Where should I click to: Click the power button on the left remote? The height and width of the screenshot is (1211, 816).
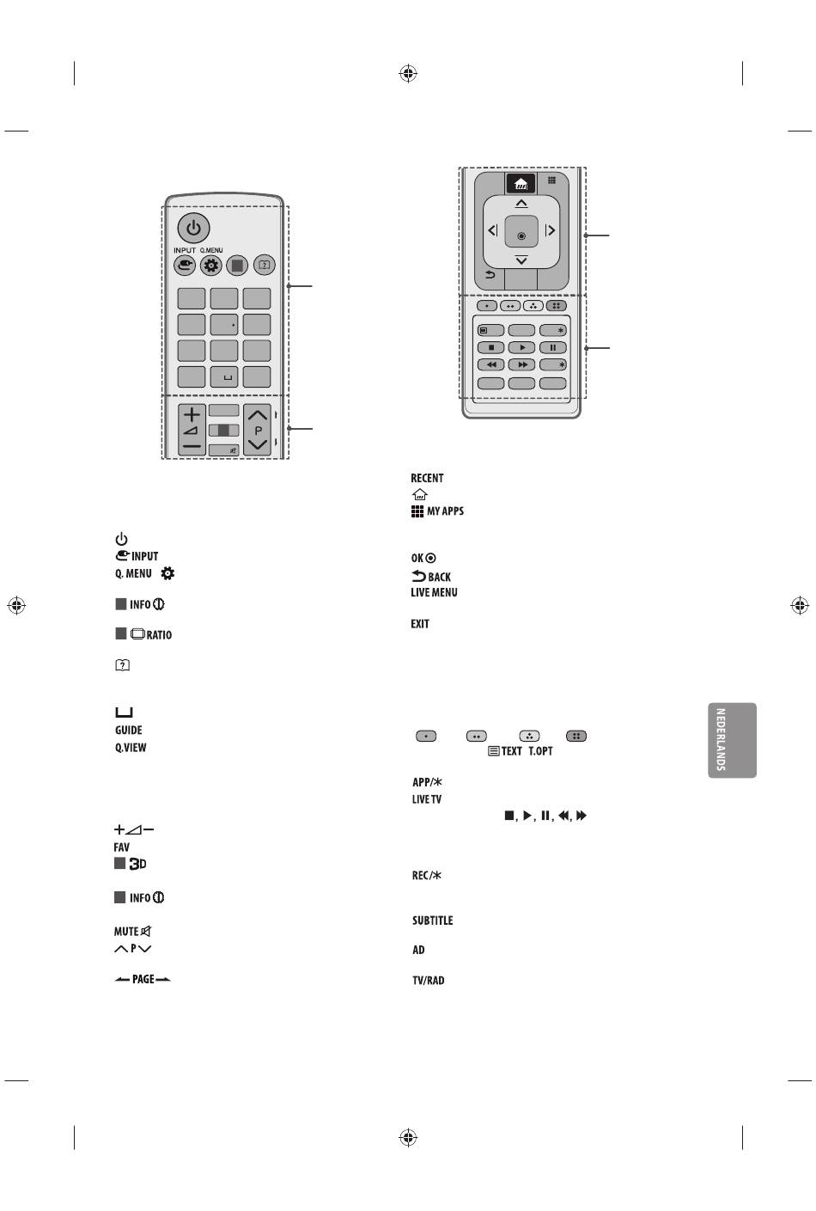193,229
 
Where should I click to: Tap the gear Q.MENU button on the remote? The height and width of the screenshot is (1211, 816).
211,266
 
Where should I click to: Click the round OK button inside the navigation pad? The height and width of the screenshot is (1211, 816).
521,235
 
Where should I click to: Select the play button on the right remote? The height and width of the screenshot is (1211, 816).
521,348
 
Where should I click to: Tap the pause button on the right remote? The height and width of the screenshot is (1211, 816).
552,348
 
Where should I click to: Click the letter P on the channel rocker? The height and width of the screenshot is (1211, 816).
258,431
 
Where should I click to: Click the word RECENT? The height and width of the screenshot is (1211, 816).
427,479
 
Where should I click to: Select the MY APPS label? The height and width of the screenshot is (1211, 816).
445,511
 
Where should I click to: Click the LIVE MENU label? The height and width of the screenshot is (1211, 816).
434,593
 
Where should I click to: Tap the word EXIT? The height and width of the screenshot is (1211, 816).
420,624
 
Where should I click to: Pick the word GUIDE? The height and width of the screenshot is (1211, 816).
129,731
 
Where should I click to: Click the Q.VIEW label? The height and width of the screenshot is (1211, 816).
131,748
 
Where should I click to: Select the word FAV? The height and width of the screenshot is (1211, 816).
122,847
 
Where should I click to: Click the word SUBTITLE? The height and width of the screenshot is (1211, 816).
432,920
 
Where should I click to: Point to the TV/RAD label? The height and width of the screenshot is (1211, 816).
428,981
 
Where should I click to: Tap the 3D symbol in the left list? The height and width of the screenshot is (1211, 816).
137,864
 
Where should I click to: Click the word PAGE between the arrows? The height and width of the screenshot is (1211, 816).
143,979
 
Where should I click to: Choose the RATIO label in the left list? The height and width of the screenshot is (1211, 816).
159,635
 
